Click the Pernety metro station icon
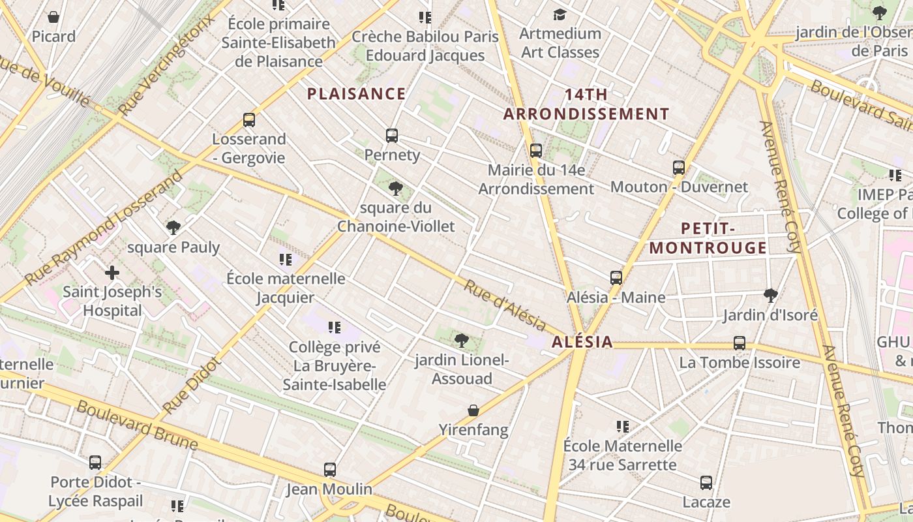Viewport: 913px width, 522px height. point(391,136)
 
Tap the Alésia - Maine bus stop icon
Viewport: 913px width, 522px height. point(616,278)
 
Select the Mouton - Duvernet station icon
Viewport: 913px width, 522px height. point(678,168)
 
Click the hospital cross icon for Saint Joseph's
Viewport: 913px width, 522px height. point(112,272)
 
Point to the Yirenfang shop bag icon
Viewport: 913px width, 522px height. point(473,410)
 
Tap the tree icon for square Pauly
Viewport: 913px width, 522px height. point(173,228)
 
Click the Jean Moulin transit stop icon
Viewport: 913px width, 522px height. point(330,470)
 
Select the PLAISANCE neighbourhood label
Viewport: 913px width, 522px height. point(356,94)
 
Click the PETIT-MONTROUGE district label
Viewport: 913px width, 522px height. point(708,238)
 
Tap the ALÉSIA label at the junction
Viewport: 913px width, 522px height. point(582,342)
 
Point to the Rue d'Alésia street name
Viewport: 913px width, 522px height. point(505,305)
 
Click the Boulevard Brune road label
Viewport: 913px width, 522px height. point(137,425)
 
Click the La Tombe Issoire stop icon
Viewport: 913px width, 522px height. point(739,343)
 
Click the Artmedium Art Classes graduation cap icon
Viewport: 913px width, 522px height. point(560,14)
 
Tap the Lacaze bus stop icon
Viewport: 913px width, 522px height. point(706,483)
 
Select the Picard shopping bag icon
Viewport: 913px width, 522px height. point(53,17)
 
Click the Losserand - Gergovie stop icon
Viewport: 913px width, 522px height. point(248,120)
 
